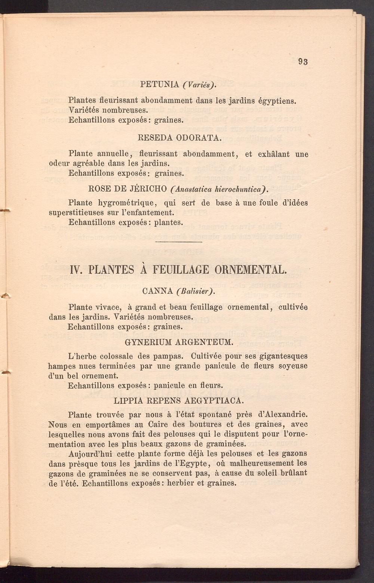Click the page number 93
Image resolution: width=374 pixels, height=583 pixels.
tap(303, 62)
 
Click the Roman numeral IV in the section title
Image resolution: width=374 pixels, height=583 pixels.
tap(76, 270)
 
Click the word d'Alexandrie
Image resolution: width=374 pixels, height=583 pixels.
tap(283, 415)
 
